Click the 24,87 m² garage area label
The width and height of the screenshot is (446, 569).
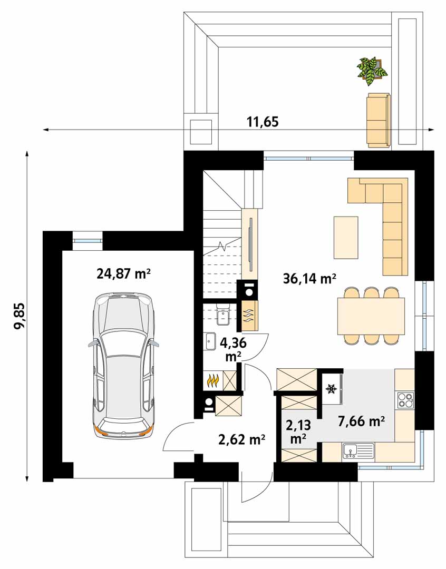[123, 273]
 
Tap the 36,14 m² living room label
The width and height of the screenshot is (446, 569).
[309, 279]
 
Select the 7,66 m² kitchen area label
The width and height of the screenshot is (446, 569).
[361, 421]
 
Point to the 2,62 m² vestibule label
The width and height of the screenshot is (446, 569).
[241, 439]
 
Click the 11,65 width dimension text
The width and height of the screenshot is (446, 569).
[263, 122]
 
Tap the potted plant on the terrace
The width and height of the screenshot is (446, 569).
[371, 70]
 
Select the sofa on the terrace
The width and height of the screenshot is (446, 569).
[379, 120]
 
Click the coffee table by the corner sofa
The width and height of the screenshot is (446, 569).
[346, 238]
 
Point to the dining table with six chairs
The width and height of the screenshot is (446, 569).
[371, 316]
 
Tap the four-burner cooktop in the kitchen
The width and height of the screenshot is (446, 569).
[406, 400]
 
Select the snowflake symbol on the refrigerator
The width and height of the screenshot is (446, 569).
[331, 389]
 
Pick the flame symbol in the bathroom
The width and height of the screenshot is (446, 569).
[212, 380]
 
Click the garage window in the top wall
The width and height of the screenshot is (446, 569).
[88, 240]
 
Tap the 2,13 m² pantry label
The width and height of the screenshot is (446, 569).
[298, 431]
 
